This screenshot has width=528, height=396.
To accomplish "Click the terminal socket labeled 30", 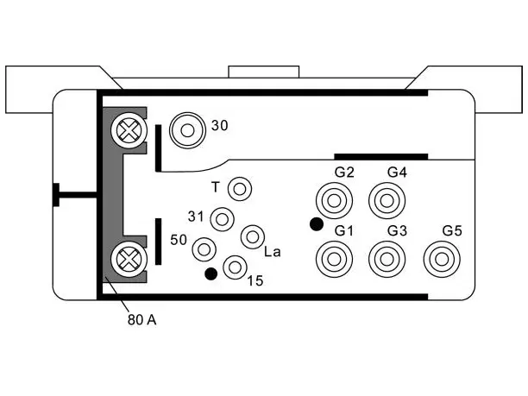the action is tap(187, 130).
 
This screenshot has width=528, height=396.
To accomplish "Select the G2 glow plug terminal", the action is tap(334, 201).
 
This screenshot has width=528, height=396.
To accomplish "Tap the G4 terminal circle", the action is tap(387, 201).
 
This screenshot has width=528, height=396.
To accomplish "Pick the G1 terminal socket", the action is tap(334, 260).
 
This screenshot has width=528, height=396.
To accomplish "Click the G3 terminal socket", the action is tap(387, 260).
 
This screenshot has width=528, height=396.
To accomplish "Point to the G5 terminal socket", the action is tap(442, 260).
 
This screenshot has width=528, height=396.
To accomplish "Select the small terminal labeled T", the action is tap(240, 189).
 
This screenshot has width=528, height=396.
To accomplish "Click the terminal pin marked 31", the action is tap(223, 219).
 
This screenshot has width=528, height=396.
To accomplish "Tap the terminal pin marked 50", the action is tap(204, 249).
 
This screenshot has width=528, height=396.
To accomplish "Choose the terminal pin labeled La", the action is tap(253, 237).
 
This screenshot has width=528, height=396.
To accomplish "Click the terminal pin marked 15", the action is tap(235, 267).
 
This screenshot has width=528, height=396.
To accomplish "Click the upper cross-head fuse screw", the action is tap(129, 130).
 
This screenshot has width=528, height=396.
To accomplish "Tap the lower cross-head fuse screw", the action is tap(129, 260).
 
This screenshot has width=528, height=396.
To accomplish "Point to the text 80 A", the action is tap(142, 320).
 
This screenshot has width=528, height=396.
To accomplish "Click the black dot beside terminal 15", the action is tap(211, 273).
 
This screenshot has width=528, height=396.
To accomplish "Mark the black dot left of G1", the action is tap(317, 224).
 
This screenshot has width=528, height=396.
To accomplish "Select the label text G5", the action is tap(452, 231).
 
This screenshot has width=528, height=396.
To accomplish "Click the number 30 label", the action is tap(219, 126).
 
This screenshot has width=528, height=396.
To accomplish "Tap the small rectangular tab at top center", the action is tap(264, 72).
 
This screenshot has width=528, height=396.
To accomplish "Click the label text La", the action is tap(273, 252).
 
